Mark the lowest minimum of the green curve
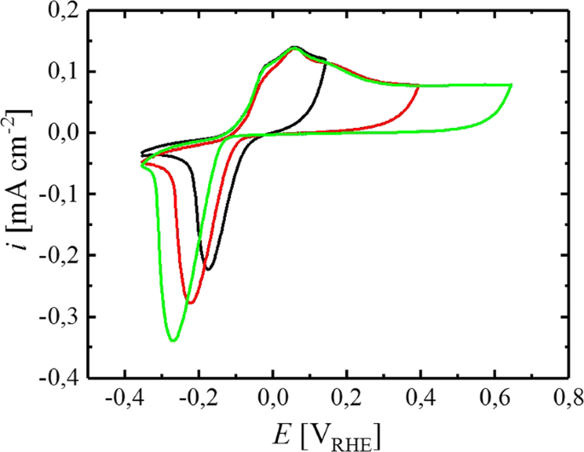(x=173, y=340)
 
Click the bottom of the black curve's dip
(x=208, y=269)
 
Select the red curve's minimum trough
(x=191, y=303)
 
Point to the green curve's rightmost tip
(x=512, y=85)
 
